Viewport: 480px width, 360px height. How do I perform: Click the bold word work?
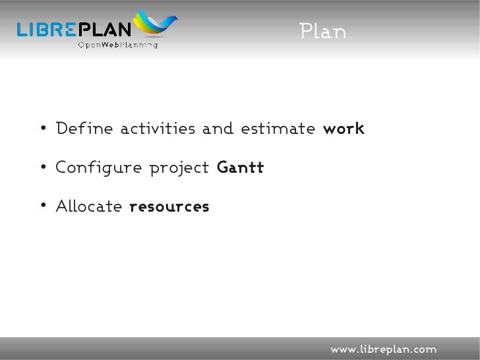coord(344,129)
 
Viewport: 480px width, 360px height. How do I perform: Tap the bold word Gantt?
coord(240,168)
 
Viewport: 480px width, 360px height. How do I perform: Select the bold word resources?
coord(169,207)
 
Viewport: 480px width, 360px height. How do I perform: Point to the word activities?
coord(158,129)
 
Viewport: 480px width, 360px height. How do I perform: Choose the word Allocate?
coord(89,207)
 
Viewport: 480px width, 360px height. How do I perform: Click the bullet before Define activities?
coord(42,129)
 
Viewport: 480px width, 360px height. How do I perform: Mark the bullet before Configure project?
coord(42,169)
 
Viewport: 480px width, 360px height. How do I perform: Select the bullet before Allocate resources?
coord(42,208)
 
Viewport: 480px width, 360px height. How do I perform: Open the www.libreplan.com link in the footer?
coord(383,348)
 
